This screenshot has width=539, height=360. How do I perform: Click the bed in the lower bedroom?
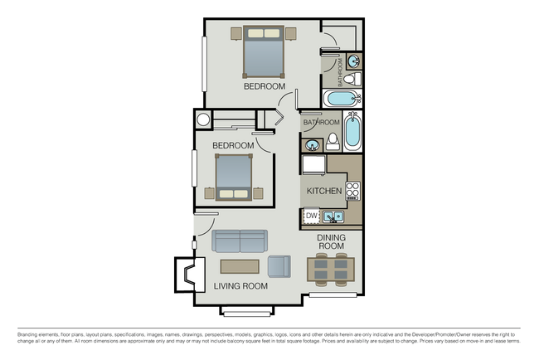(233, 177)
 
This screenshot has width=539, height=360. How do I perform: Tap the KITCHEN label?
(323, 191)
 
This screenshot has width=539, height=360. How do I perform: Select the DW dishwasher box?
(312, 216)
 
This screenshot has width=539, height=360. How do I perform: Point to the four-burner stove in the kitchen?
(353, 190)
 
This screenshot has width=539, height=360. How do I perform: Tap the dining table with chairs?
(331, 270)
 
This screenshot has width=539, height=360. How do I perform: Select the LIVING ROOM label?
(240, 286)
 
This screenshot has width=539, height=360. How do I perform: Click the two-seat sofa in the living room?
(240, 241)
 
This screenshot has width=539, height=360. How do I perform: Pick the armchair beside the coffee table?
(279, 266)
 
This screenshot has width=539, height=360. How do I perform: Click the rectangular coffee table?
(240, 266)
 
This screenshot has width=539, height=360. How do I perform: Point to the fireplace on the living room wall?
(195, 273)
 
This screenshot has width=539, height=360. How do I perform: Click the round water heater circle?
(202, 119)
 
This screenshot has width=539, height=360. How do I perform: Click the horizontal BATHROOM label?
(321, 123)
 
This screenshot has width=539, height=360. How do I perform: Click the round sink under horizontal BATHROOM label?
(313, 145)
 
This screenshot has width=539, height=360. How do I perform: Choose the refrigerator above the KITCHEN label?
(314, 166)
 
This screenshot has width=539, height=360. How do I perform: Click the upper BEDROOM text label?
(264, 86)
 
